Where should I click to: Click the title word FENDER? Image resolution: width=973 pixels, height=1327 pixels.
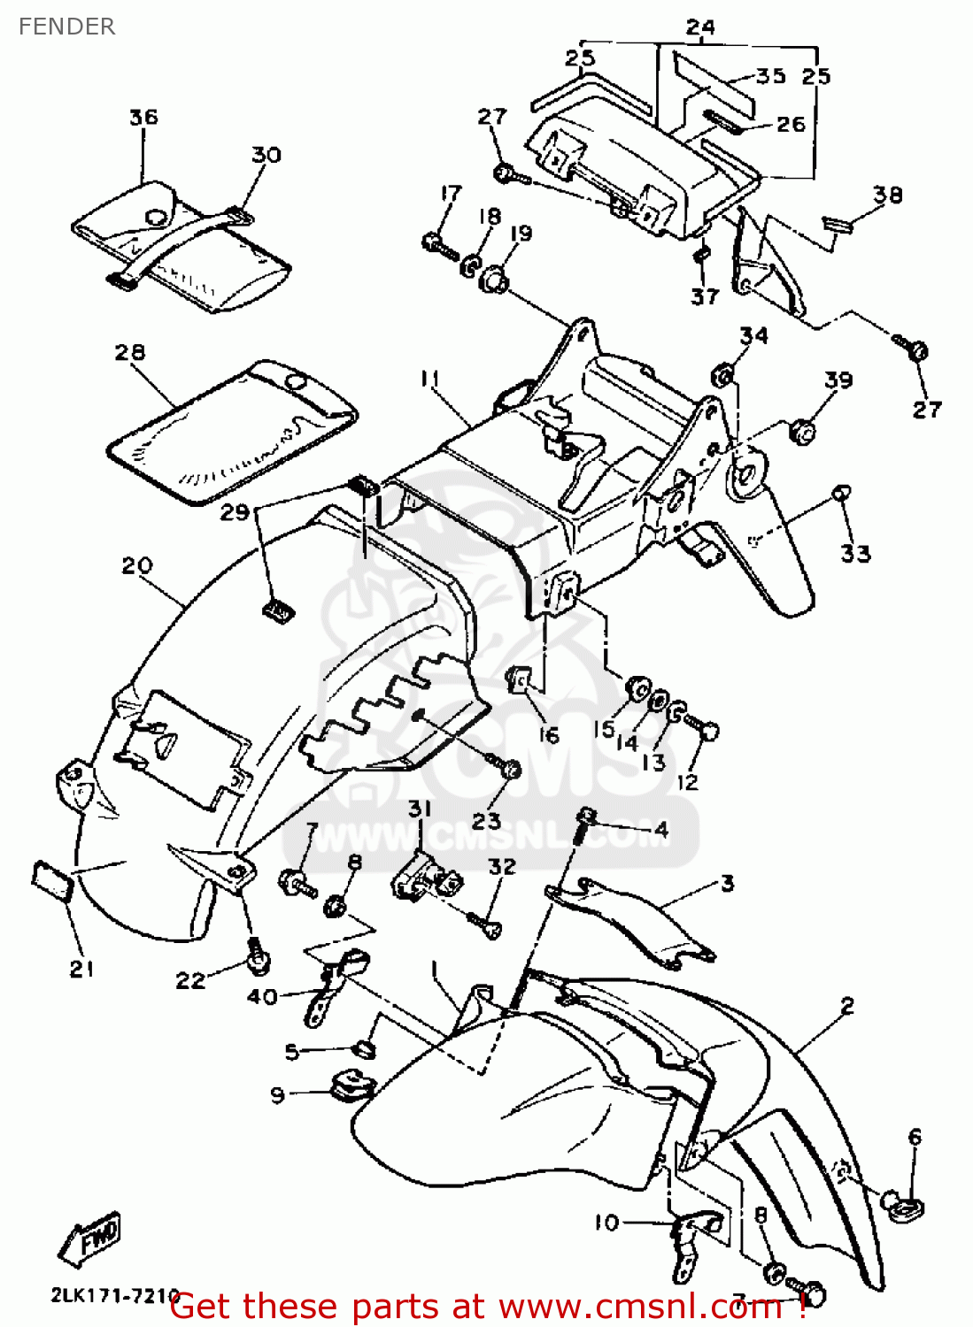[66, 27]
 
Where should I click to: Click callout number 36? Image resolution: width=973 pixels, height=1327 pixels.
[143, 117]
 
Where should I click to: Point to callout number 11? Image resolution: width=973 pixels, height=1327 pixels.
[430, 379]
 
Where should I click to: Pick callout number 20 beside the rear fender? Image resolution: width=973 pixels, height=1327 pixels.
[137, 565]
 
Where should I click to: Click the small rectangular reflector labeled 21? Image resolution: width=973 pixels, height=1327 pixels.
[51, 880]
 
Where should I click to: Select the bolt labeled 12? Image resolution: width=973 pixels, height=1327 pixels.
[707, 731]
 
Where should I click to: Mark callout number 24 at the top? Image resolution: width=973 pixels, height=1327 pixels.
[700, 27]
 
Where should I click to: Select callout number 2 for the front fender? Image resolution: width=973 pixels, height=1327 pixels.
[847, 1006]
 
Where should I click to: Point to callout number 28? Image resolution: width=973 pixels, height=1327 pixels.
[130, 351]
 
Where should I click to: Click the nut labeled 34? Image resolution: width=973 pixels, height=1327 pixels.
[722, 375]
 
